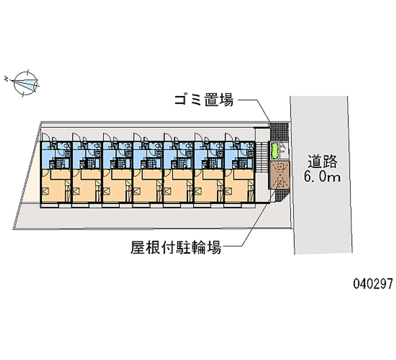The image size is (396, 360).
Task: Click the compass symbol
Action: (26, 84)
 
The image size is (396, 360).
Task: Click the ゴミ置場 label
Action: (204, 100)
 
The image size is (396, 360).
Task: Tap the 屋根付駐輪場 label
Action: (176, 247)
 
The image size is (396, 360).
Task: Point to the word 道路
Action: (322, 162)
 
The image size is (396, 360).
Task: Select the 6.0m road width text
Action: (322, 177)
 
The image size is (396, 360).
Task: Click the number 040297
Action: (373, 283)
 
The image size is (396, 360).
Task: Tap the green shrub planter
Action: (274, 151)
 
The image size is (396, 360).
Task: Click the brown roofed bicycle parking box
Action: (280, 175)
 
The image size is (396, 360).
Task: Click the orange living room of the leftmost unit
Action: (56, 186)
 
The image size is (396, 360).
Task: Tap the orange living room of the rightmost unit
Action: (239, 186)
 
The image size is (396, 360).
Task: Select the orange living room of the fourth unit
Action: (148, 186)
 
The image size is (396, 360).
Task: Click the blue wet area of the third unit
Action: (117, 155)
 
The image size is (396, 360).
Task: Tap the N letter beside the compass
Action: (6, 79)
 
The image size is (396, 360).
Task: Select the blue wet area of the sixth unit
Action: (209, 155)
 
